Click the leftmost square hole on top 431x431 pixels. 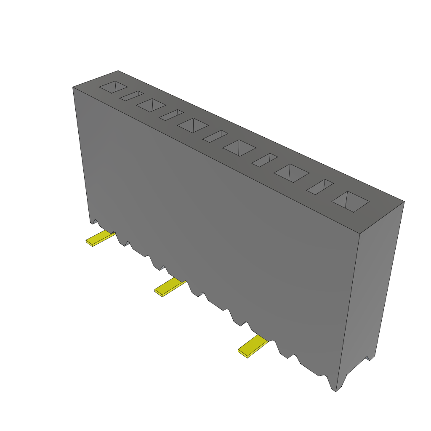coord(113,87)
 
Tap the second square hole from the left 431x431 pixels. coord(151,105)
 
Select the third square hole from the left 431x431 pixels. coord(193,125)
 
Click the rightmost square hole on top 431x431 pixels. coord(350,202)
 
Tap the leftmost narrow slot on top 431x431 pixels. coord(132,96)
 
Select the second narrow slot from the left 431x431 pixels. coord(171,115)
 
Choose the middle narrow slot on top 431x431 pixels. coord(215,136)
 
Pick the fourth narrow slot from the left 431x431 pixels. coord(265,160)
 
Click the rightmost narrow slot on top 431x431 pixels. coord(320,187)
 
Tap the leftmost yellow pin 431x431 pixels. coord(100,238)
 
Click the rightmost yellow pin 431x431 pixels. coord(253,346)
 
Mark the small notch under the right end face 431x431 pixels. coord(370,358)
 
